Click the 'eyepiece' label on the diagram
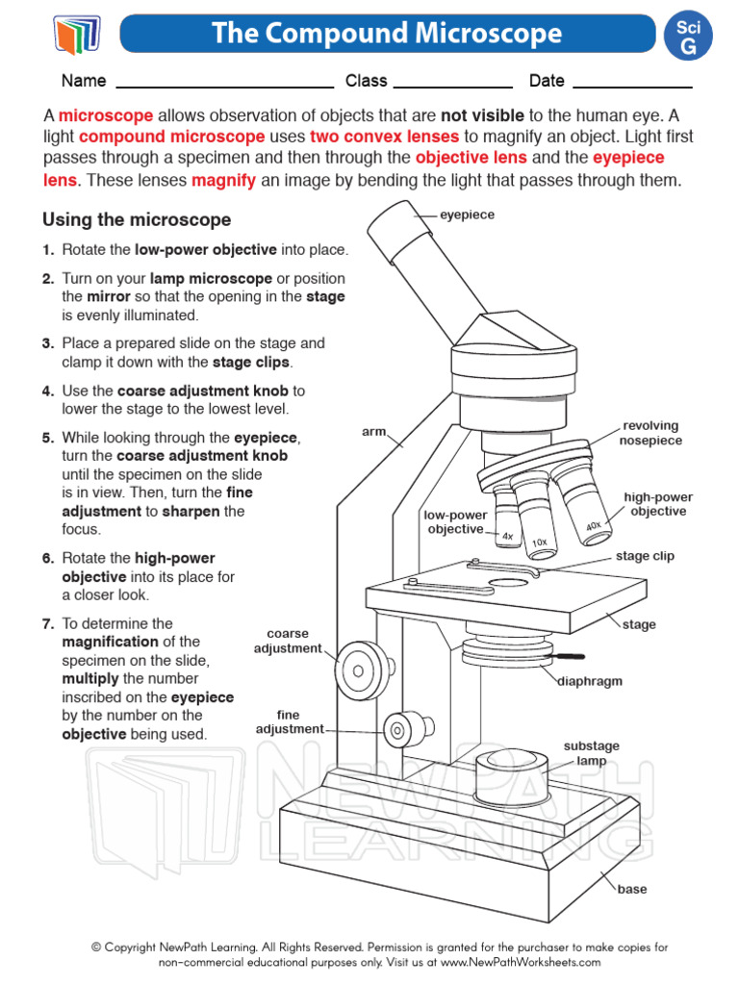click(x=467, y=215)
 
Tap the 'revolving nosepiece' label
click(x=651, y=433)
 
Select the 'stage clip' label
click(x=645, y=556)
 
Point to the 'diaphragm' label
click(x=590, y=681)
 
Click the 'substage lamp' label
click(x=591, y=753)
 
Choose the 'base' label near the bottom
click(x=632, y=889)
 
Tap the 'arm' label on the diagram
click(x=373, y=432)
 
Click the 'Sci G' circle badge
click(x=690, y=37)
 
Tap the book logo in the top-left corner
click(x=76, y=36)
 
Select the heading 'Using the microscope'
click(x=137, y=220)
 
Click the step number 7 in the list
click(x=47, y=623)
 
